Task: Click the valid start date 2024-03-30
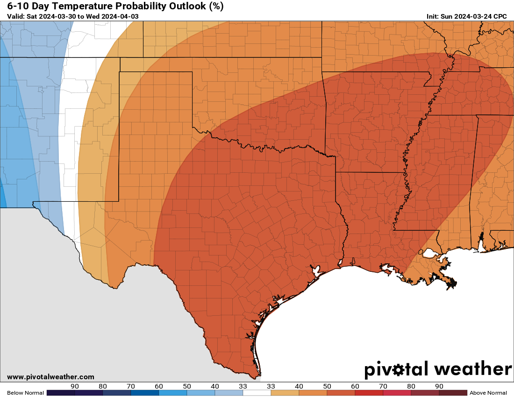point(60,16)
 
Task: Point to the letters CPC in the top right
point(500,16)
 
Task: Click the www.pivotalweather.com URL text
point(50,377)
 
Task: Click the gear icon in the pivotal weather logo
point(398,370)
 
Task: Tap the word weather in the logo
point(472,369)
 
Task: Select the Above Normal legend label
point(488,393)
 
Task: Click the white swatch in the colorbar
point(257,393)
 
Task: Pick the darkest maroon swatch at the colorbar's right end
point(453,393)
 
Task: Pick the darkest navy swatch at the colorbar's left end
point(61,393)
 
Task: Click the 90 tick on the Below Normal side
point(75,386)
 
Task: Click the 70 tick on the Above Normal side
point(383,386)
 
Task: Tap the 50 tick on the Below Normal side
point(187,386)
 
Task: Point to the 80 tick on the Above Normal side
point(411,386)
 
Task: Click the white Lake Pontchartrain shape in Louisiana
point(428,254)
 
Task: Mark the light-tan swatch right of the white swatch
point(285,393)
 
